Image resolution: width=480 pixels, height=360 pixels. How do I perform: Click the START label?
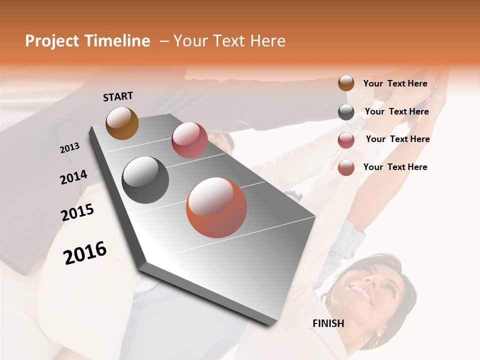click(x=118, y=96)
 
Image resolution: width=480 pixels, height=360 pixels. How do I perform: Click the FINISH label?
click(x=328, y=323)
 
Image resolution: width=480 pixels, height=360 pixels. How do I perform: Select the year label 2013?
click(x=70, y=148)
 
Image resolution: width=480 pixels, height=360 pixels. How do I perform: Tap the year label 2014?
click(x=73, y=177)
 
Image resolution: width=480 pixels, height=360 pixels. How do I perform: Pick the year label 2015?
click(x=77, y=212)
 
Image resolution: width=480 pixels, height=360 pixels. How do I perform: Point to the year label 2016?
click(x=85, y=253)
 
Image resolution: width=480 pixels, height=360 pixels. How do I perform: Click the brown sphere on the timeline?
click(x=122, y=123)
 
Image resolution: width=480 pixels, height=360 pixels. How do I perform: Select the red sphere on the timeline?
click(x=189, y=140)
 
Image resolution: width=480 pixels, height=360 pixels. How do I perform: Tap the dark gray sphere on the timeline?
click(x=145, y=180)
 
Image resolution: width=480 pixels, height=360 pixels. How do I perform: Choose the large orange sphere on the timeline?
click(x=216, y=207)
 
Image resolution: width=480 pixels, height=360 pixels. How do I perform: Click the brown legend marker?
click(x=346, y=83)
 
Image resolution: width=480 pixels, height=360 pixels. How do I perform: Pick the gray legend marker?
click(x=346, y=112)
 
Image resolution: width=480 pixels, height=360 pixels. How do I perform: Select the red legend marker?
click(x=346, y=140)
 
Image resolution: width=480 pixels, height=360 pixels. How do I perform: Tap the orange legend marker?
click(x=346, y=168)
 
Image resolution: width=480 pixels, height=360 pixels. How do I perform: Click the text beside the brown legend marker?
click(x=395, y=84)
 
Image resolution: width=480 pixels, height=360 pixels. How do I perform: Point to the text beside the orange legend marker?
click(x=395, y=167)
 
